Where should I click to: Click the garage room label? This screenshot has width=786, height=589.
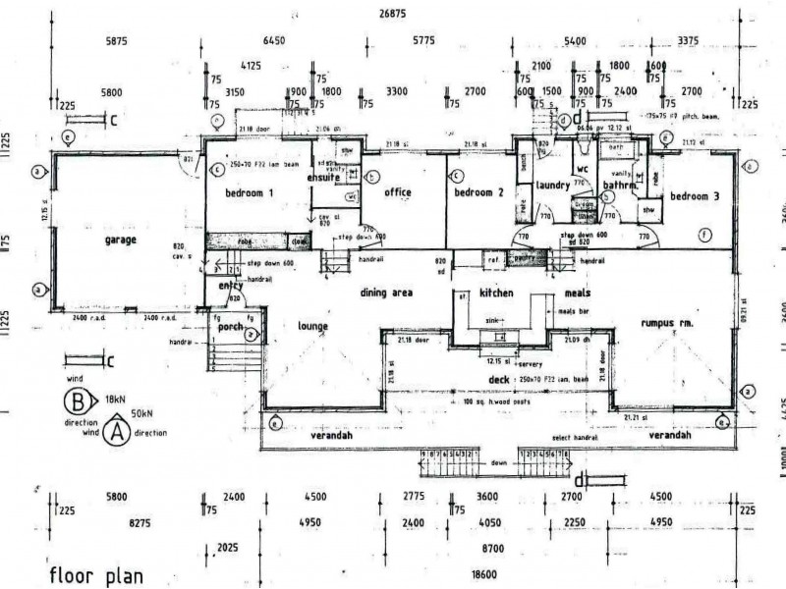pos(122,239)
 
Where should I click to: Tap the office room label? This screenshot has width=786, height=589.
pos(397,191)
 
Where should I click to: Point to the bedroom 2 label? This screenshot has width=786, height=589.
pos(478,192)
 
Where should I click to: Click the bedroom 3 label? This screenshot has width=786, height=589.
pos(695,196)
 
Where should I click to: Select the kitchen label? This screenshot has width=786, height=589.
pos(497,294)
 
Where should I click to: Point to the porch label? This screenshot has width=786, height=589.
pos(230,327)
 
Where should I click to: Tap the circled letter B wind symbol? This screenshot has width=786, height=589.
pos(76,401)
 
